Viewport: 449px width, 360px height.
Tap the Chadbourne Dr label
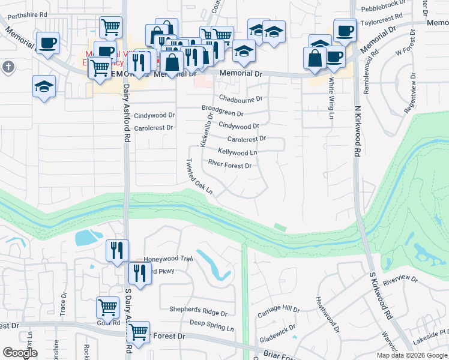click(x=241, y=98)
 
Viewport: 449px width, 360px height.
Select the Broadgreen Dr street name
click(x=222, y=113)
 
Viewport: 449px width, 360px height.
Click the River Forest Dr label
click(x=229, y=164)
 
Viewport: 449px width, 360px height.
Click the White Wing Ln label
click(x=331, y=97)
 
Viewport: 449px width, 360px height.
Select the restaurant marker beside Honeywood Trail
click(x=117, y=250)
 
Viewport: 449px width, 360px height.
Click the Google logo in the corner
click(x=20, y=353)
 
